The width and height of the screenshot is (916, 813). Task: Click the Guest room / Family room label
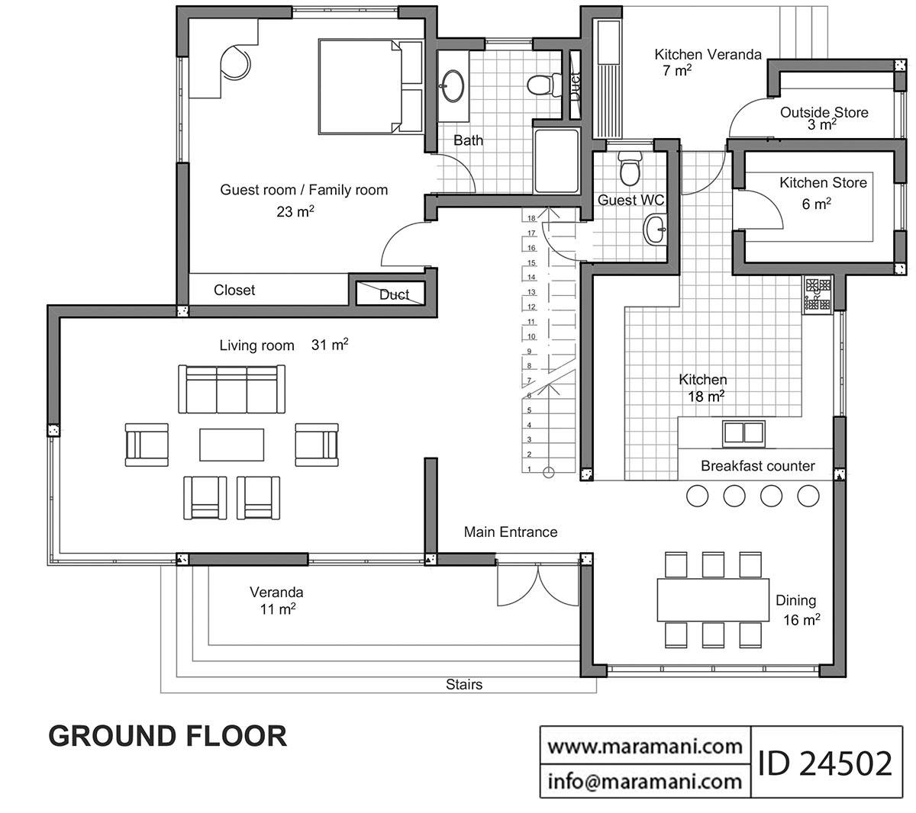click(304, 190)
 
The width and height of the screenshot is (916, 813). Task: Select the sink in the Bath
click(453, 84)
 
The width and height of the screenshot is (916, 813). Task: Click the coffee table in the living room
click(232, 445)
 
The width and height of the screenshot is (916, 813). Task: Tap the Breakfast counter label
click(757, 466)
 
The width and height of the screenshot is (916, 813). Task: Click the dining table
click(713, 600)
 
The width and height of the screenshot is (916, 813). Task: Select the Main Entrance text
click(511, 532)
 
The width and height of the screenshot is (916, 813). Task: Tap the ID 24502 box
click(825, 762)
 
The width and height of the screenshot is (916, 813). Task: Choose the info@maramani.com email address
click(646, 781)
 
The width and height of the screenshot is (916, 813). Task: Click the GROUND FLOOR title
click(168, 735)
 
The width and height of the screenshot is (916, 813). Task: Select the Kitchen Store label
click(823, 183)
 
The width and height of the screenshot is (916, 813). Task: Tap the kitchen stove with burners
click(817, 294)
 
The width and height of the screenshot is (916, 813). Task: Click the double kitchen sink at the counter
click(743, 432)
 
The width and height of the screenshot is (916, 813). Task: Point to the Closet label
click(234, 290)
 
